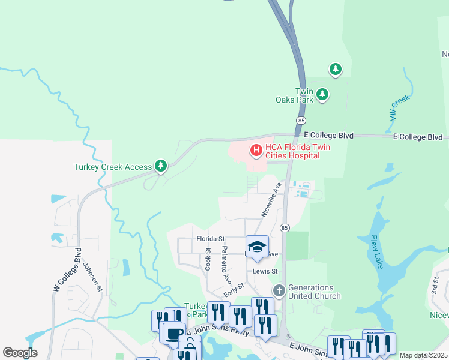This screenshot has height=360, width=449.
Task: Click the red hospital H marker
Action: [x=256, y=150]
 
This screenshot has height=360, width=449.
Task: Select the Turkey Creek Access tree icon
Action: [x=160, y=166]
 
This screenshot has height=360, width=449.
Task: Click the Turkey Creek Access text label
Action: [x=113, y=167]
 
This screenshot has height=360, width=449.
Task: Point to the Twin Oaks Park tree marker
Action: [x=323, y=94]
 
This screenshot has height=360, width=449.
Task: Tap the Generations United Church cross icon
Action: [x=279, y=291]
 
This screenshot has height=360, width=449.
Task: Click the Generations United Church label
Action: [x=315, y=292]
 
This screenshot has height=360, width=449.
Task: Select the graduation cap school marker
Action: [x=257, y=247]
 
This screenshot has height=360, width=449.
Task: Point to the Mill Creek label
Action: [x=399, y=107]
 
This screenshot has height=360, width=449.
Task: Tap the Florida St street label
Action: [x=210, y=239]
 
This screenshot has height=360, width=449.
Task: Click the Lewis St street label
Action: [x=265, y=271]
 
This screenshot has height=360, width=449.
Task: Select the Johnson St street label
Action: [x=92, y=277]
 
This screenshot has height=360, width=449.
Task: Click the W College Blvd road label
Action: [x=67, y=270]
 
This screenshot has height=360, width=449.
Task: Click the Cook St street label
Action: [x=208, y=259]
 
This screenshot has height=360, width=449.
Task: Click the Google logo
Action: [x=20, y=353]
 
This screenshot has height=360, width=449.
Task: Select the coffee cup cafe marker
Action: [x=173, y=334]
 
